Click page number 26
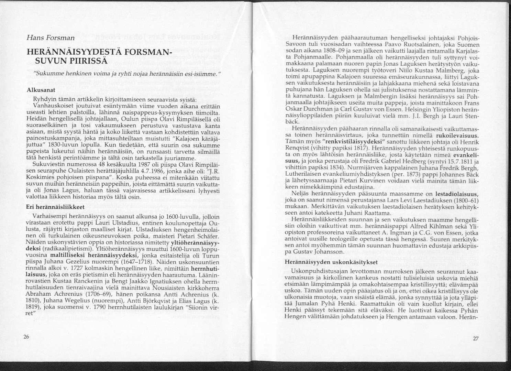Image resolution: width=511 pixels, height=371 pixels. [x=26, y=337]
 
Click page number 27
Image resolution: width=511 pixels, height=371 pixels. [x=476, y=338]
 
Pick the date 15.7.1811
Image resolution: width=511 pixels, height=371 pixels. [x=453, y=162]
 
